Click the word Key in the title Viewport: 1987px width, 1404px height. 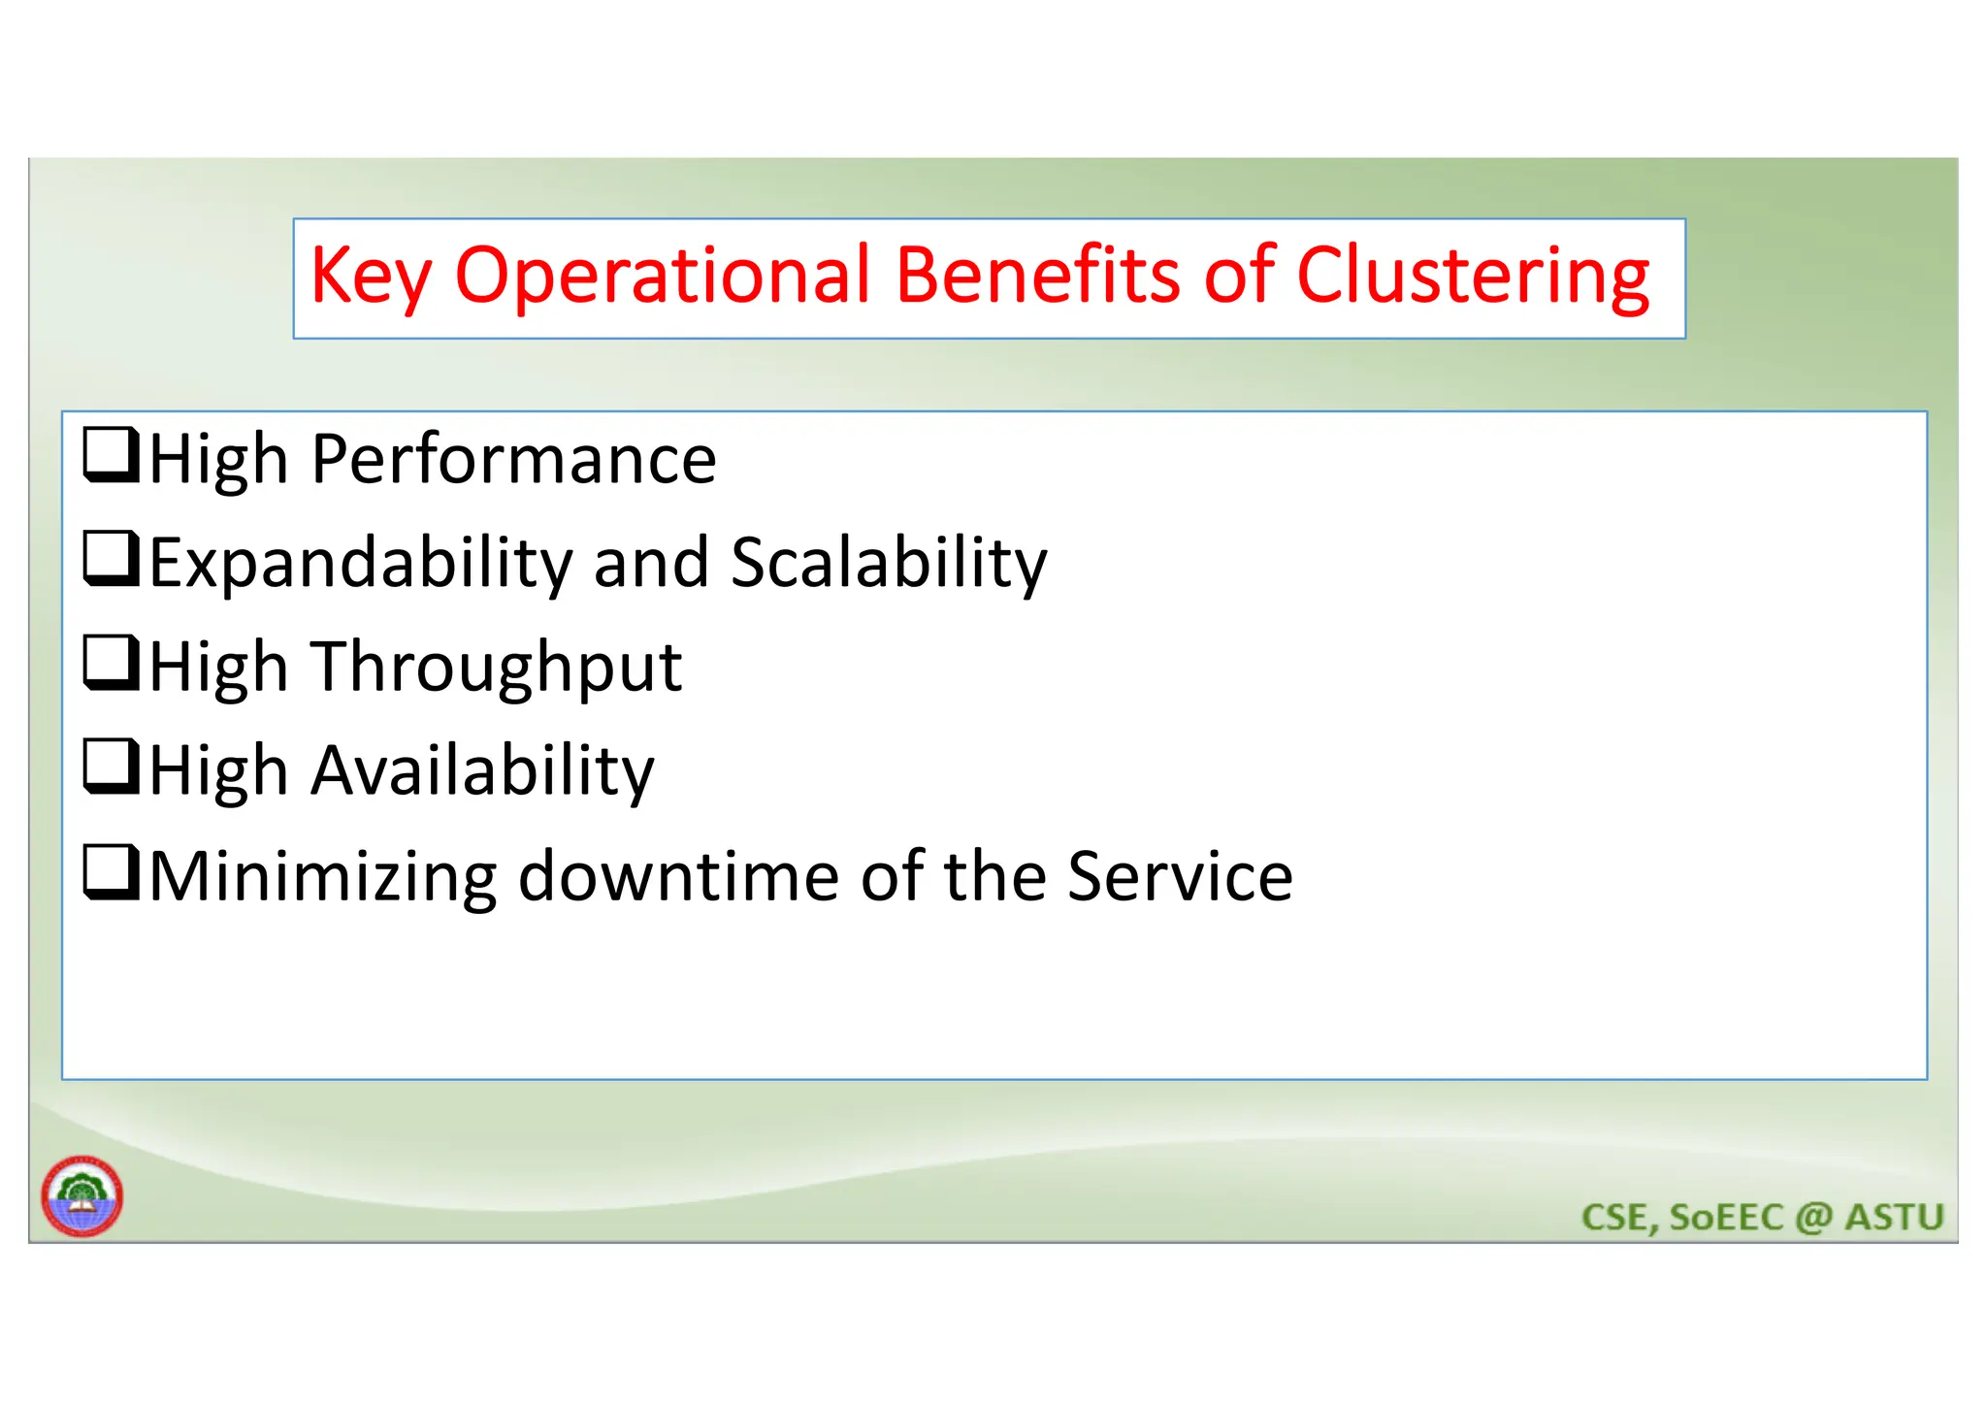[370, 278]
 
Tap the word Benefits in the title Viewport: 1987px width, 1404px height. [1037, 276]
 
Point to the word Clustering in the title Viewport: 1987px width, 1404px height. [1472, 278]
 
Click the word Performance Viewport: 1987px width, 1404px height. [513, 459]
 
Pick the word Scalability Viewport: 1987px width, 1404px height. [889, 563]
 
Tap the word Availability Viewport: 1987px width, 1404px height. [482, 771]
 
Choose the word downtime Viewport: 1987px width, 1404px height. [677, 876]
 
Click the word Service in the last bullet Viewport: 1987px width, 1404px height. [1180, 876]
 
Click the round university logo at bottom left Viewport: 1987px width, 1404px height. [82, 1196]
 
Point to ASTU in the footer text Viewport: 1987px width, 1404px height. [1894, 1217]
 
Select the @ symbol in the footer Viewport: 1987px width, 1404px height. [1813, 1218]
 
